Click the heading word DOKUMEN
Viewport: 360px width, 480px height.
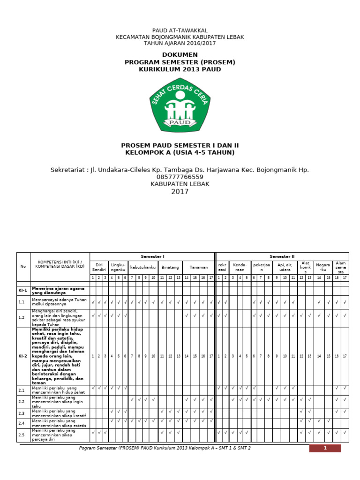(180, 55)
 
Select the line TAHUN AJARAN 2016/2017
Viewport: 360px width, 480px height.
(180, 43)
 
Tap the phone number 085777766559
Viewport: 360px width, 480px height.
(180, 177)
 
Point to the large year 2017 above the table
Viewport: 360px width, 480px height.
(180, 191)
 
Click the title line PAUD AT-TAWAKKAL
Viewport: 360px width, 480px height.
(180, 30)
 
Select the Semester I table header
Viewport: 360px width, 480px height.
(152, 256)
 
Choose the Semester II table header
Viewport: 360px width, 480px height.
(282, 256)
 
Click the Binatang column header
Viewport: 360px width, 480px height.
(170, 267)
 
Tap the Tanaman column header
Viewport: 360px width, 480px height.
(198, 267)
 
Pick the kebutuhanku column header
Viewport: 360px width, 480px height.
(142, 267)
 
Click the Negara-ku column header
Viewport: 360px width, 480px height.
(323, 267)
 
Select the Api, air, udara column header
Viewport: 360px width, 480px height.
(285, 267)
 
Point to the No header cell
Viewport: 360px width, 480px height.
(23, 266)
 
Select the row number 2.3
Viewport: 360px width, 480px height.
(22, 413)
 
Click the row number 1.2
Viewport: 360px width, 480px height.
(22, 318)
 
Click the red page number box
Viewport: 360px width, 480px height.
(325, 448)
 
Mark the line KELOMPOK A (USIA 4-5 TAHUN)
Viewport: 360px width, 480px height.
(180, 152)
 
